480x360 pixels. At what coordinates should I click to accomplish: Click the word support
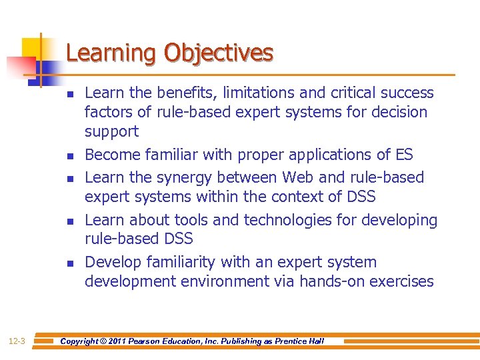pyautogui.click(x=111, y=131)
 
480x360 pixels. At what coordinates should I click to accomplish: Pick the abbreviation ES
pyautogui.click(x=404, y=155)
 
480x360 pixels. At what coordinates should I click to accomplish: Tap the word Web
pyautogui.click(x=298, y=178)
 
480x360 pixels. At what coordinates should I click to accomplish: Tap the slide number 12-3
pyautogui.click(x=17, y=341)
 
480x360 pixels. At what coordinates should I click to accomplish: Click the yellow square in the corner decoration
pyautogui.click(x=32, y=48)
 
